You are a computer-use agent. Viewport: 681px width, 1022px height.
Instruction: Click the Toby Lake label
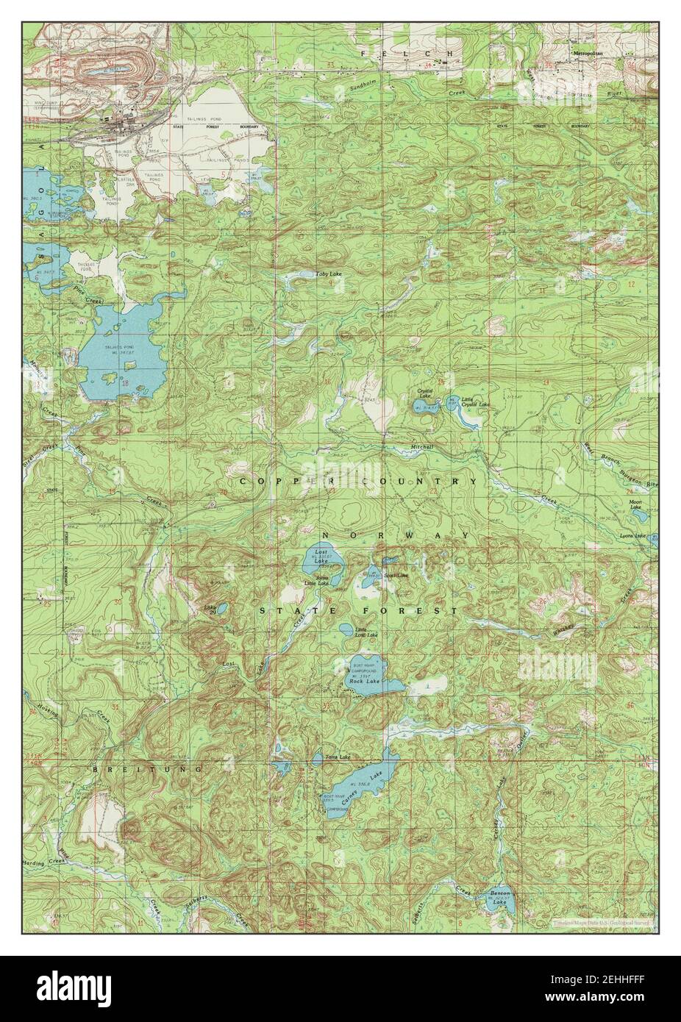[x=328, y=274]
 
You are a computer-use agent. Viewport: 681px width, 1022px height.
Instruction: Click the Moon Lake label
[x=635, y=505]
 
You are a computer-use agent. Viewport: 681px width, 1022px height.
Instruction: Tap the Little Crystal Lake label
[x=474, y=401]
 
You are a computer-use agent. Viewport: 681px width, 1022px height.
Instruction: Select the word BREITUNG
[x=137, y=769]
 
